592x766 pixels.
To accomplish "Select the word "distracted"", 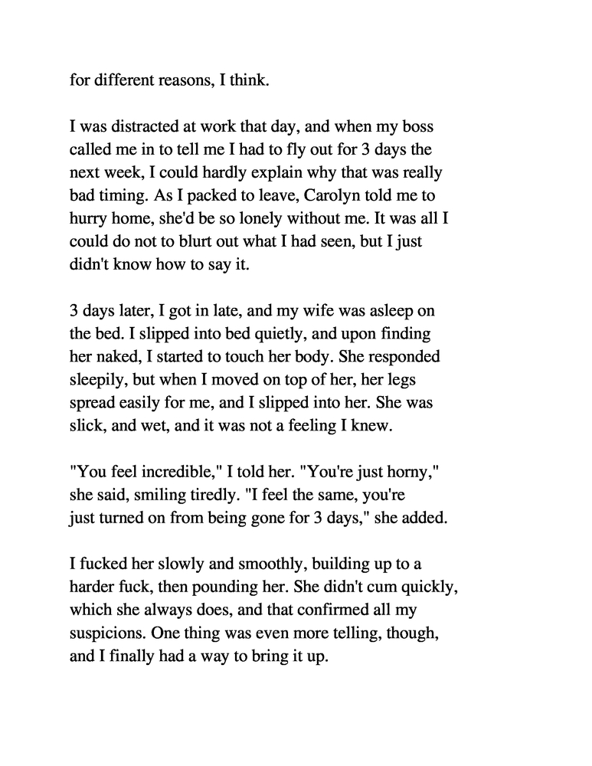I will [139, 126].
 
